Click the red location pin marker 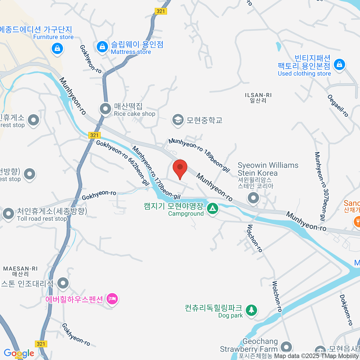tap(180, 168)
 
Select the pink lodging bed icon tap(112, 299)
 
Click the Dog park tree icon tap(251, 310)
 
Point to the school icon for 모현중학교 tap(178, 120)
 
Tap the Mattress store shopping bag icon tap(102, 47)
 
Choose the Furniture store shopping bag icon tap(57, 48)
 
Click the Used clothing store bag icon tap(339, 64)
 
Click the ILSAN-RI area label tap(258, 98)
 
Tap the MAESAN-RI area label tap(20, 271)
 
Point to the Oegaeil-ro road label tap(338, 106)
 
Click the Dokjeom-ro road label tap(346, 310)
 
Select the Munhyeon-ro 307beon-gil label tap(320, 186)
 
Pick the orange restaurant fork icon tap(357, 222)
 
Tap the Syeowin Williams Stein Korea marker tap(253, 198)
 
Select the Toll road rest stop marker tap(8, 214)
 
